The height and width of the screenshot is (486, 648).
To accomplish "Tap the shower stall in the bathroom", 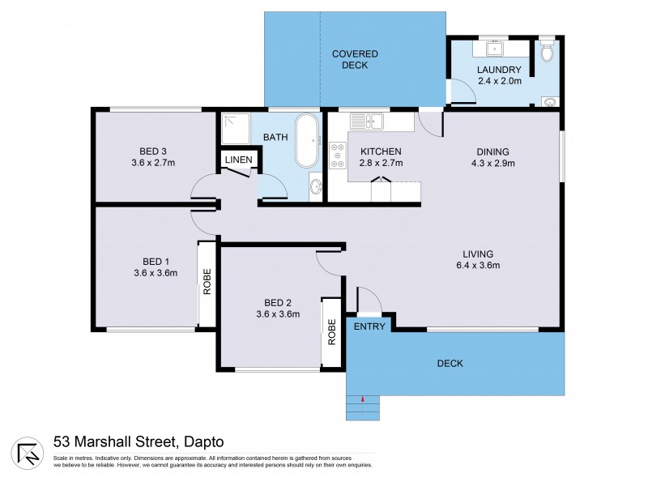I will pyautogui.click(x=236, y=128).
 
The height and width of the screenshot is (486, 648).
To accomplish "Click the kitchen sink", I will pyautogui.click(x=369, y=122).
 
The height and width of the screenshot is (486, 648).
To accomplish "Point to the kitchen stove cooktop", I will pyautogui.click(x=336, y=156).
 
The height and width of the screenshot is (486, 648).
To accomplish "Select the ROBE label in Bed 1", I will pyautogui.click(x=207, y=281).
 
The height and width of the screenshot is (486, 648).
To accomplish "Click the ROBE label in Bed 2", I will pyautogui.click(x=331, y=333).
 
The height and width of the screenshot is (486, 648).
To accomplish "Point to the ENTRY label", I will pyautogui.click(x=369, y=326).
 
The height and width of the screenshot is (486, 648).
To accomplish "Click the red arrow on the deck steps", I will pyautogui.click(x=363, y=398).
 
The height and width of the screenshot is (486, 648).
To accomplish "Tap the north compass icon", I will pyautogui.click(x=28, y=452).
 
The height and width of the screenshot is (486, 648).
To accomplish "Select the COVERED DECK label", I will pyautogui.click(x=355, y=59).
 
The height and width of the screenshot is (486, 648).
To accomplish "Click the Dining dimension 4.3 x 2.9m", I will pyautogui.click(x=492, y=163).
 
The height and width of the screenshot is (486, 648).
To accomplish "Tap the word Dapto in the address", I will pyautogui.click(x=202, y=441).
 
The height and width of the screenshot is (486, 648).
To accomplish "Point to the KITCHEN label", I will pyautogui.click(x=381, y=151).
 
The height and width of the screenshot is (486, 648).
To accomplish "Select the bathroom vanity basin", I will pyautogui.click(x=314, y=189).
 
